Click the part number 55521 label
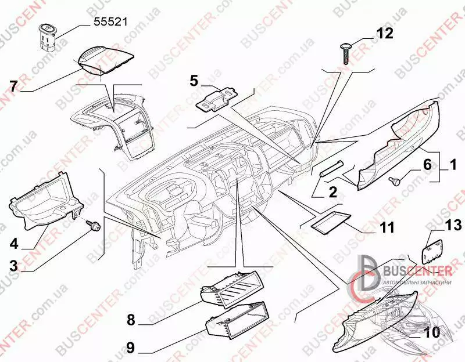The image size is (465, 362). [110, 22]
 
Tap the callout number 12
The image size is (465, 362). [385, 33]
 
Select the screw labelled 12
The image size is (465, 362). [345, 53]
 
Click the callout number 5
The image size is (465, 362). [194, 81]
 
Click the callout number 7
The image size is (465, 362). [14, 86]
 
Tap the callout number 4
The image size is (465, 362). [13, 244]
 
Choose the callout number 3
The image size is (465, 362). [13, 266]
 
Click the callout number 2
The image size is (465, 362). [333, 193]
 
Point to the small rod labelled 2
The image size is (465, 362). [332, 169]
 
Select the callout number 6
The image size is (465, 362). [427, 165]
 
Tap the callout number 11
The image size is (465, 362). [388, 227]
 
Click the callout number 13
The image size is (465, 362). [453, 225]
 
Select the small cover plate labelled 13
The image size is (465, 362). [432, 252]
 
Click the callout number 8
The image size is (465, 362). [131, 320]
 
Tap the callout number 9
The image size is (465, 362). [130, 347]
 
